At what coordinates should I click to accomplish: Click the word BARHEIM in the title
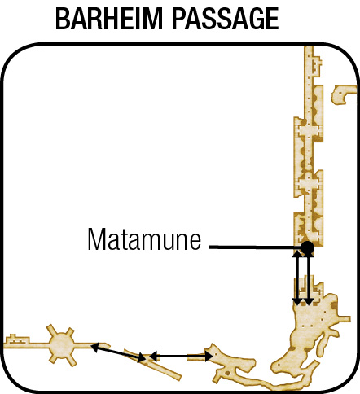[x=108, y=19]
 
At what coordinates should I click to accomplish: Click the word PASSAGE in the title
[x=226, y=19]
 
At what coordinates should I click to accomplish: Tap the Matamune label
[x=144, y=239]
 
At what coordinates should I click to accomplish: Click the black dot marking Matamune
[x=307, y=247]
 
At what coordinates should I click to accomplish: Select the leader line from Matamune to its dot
[x=255, y=247]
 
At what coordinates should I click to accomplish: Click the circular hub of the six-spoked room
[x=62, y=345]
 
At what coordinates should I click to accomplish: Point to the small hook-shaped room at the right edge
[x=344, y=94]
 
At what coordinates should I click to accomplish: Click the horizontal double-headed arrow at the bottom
[x=181, y=356]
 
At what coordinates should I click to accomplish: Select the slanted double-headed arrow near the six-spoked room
[x=118, y=352]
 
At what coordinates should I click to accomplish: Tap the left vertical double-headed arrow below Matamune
[x=297, y=278]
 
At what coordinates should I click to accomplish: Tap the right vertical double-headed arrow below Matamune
[x=309, y=279]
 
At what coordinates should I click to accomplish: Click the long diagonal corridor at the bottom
[x=153, y=365]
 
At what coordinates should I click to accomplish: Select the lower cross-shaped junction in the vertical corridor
[x=308, y=184]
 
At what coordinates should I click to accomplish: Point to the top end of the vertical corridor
[x=309, y=46]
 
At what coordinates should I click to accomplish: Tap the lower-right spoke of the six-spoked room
[x=72, y=360]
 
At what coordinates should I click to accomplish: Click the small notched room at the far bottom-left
[x=17, y=339]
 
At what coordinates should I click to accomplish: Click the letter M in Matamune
[x=96, y=239]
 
